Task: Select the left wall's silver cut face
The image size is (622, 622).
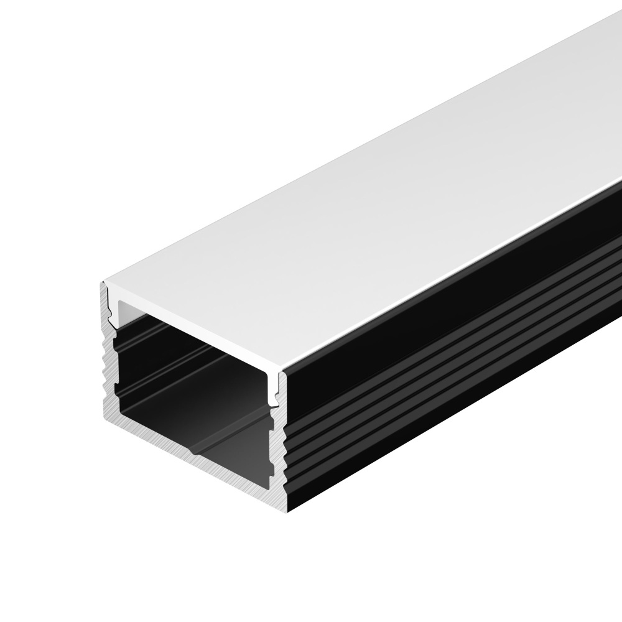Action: [x=107, y=373]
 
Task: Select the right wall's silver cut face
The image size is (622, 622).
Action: [x=279, y=448]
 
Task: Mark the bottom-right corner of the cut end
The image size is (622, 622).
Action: [x=287, y=510]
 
